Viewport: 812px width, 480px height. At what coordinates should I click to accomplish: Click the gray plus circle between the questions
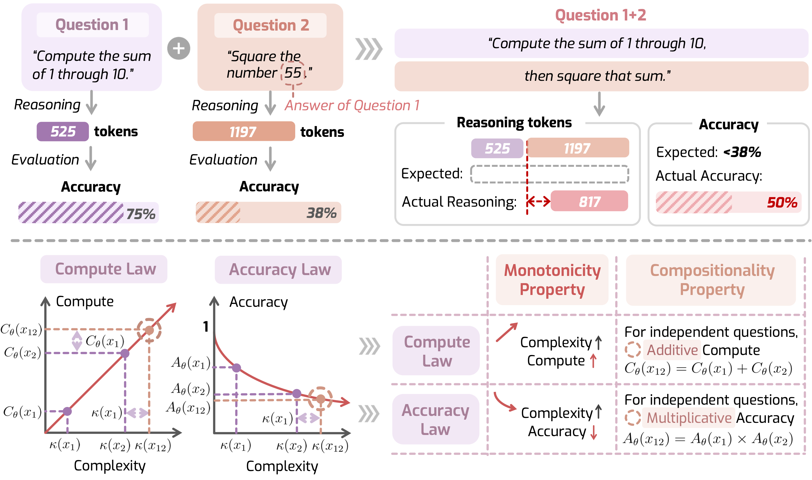coord(179,48)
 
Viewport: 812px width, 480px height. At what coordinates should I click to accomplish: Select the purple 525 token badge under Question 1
coord(63,131)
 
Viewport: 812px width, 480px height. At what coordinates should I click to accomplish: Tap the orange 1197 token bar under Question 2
coord(244,131)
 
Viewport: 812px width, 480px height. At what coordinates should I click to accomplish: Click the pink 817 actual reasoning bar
coord(589,201)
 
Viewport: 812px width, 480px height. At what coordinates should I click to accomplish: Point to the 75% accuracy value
coord(141,214)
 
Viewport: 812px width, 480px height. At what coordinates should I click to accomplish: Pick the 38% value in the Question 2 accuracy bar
coord(321,213)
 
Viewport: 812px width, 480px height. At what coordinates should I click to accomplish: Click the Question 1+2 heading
coord(600,15)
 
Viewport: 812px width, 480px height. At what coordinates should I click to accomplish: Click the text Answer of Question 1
coord(352,105)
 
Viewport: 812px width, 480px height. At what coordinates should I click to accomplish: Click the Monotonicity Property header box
coord(552,280)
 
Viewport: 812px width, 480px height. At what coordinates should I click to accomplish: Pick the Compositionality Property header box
coord(711,280)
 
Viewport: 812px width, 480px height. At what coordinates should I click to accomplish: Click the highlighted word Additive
coord(672,350)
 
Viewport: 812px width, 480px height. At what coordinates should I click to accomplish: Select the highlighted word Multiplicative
coord(689,418)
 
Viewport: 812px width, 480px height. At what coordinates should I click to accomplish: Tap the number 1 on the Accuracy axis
coord(206,327)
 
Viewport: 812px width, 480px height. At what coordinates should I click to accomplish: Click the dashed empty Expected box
coord(549,174)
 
